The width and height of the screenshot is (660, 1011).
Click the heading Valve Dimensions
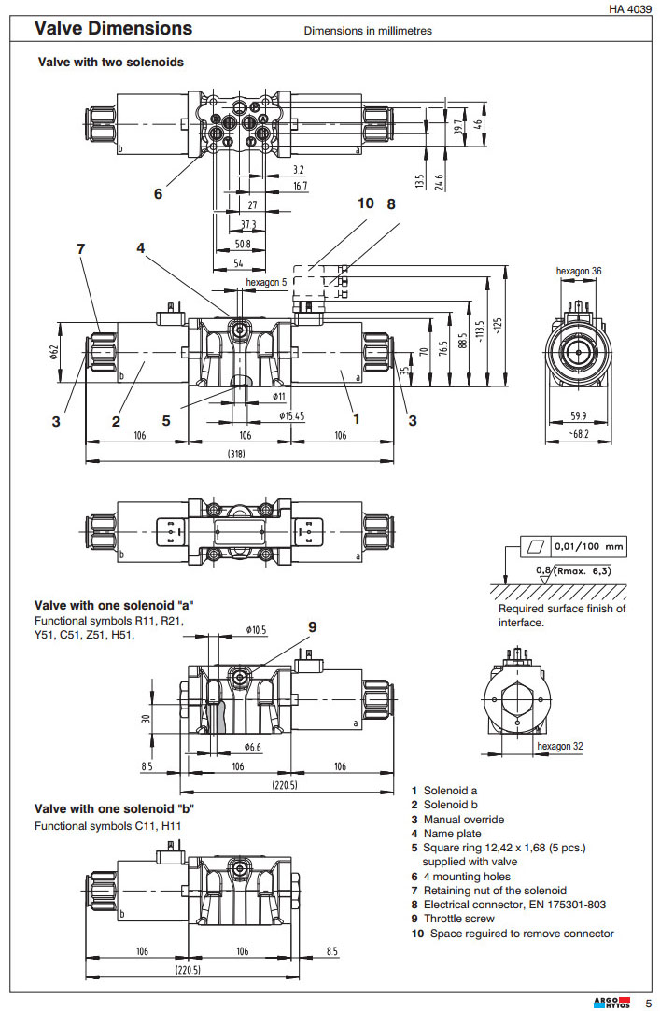click(113, 29)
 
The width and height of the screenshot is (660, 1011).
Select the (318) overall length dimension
click(237, 455)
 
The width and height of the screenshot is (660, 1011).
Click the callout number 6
click(158, 194)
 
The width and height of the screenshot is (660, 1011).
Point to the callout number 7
click(81, 248)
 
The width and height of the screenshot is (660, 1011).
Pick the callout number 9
click(313, 625)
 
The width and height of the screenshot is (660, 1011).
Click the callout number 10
click(365, 203)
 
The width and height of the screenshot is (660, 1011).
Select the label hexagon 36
click(579, 271)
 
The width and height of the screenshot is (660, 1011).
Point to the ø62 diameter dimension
click(53, 353)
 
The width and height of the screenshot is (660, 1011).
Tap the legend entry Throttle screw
click(463, 919)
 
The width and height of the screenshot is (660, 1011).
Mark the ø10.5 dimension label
click(257, 630)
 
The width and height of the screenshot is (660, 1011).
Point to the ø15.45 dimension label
click(290, 414)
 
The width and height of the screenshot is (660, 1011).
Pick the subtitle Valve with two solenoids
click(110, 63)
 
